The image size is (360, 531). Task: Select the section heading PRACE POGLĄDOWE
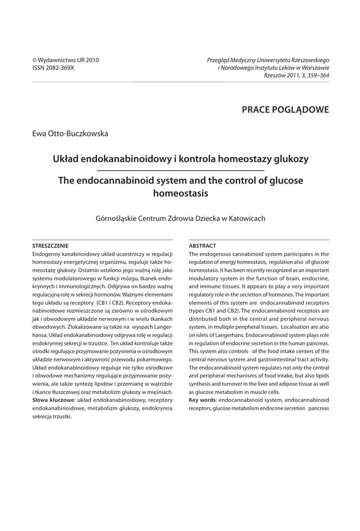tap(285, 109)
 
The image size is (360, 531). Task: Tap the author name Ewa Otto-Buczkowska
tap(70, 134)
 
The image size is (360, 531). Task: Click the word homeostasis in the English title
tap(180, 193)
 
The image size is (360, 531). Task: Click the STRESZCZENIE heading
tap(50, 245)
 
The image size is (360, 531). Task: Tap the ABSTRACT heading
tap(202, 245)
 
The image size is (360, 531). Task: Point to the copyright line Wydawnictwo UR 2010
tap(65, 60)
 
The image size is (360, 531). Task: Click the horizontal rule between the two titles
tap(181, 170)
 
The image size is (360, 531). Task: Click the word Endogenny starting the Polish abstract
tap(47, 254)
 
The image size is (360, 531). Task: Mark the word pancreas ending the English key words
tap(318, 409)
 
